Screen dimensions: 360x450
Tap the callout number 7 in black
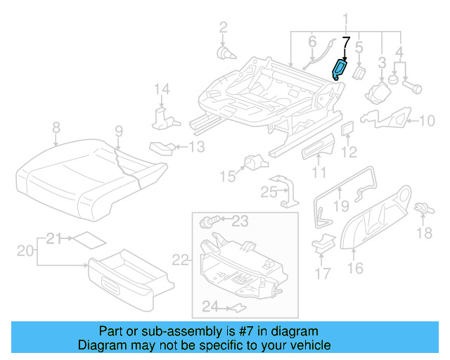(x=345, y=42)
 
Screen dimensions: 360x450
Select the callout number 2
(x=223, y=27)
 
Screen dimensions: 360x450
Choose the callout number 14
(x=162, y=89)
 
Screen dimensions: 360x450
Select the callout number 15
(x=226, y=174)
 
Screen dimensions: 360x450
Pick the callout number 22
(x=181, y=260)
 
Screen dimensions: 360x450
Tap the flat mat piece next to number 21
(x=89, y=239)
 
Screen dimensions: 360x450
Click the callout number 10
(x=427, y=121)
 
